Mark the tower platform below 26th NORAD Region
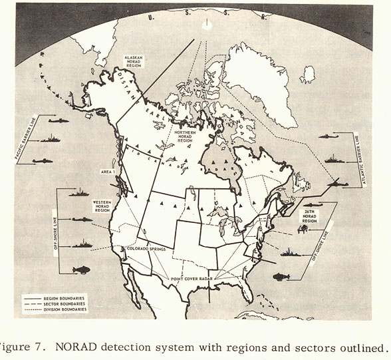(x=304, y=229)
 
